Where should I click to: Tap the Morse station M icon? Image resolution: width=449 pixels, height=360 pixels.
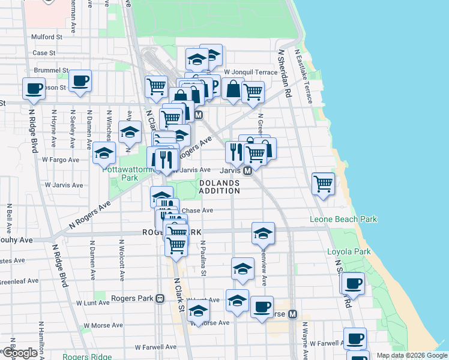click(293, 314)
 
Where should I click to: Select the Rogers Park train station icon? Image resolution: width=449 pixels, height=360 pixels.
click(160, 298)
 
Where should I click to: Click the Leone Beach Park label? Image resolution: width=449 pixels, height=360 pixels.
click(343, 220)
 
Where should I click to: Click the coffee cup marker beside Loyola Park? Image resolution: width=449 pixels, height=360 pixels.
click(353, 283)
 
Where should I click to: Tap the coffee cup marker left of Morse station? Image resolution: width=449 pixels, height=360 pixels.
click(262, 307)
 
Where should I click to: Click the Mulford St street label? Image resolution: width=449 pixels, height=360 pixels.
click(47, 37)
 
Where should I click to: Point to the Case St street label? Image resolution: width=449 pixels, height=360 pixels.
click(44, 53)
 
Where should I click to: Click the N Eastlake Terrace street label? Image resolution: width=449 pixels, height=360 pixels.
click(303, 76)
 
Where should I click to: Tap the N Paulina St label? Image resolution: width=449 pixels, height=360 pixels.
click(203, 259)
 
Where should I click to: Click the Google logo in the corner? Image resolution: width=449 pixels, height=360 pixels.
click(20, 353)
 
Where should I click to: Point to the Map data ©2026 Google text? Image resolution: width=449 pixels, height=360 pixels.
click(411, 355)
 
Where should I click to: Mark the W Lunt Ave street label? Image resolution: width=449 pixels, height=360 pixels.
click(203, 300)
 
